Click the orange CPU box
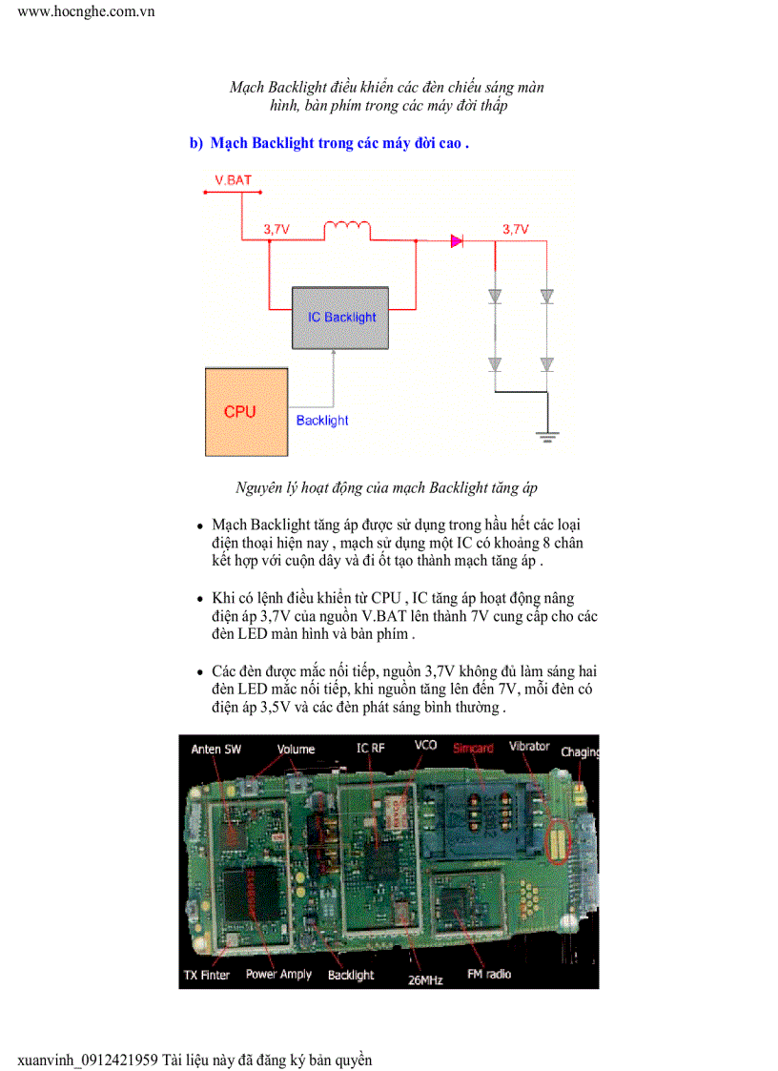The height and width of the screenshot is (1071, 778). click(247, 412)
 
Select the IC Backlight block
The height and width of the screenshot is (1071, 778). click(341, 317)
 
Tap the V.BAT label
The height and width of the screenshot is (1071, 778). click(233, 179)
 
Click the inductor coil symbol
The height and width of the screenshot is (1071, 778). click(347, 230)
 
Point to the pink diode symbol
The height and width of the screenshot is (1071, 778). click(457, 241)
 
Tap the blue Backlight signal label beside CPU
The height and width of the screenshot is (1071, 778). click(322, 420)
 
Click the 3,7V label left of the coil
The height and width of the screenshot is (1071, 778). click(276, 229)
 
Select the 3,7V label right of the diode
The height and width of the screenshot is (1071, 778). click(515, 229)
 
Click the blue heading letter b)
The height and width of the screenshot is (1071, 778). click(196, 143)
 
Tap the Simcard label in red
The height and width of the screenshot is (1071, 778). click(473, 748)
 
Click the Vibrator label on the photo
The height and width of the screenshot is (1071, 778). click(529, 746)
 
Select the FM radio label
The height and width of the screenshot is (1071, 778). click(489, 974)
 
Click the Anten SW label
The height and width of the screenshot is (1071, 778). click(216, 749)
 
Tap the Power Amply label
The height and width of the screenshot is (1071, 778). click(278, 974)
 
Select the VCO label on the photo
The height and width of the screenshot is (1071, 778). click(425, 745)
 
